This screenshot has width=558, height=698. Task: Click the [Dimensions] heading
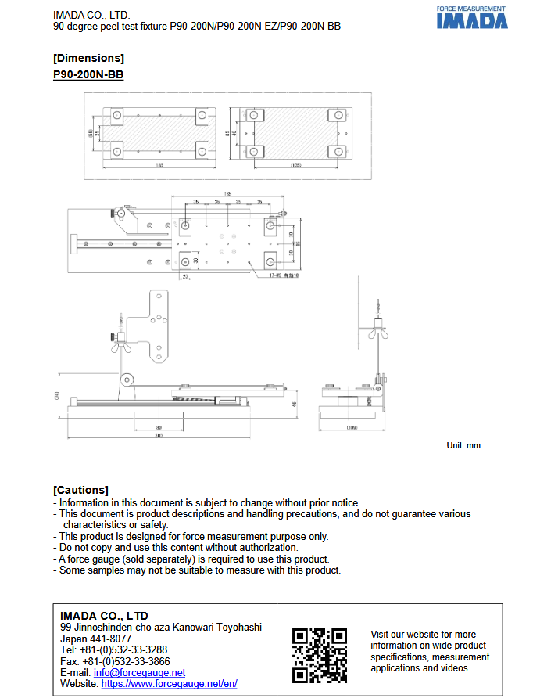click(x=88, y=58)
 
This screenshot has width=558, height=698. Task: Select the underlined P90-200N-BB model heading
click(x=88, y=74)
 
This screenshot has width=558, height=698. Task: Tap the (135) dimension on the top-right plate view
click(x=296, y=165)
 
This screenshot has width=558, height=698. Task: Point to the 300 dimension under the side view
click(x=159, y=437)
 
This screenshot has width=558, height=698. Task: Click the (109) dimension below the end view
click(x=352, y=428)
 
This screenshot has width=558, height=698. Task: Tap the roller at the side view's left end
click(x=125, y=380)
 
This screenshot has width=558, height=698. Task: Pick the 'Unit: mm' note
click(x=463, y=445)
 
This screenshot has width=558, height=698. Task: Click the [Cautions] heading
click(x=80, y=490)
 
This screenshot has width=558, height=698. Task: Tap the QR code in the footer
click(x=319, y=655)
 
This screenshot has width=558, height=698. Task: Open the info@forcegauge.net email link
click(x=139, y=672)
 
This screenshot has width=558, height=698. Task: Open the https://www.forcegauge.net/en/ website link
click(x=169, y=683)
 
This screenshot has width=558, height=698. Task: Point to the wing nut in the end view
click(x=377, y=333)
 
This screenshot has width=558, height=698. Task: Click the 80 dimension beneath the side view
click(x=159, y=427)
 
